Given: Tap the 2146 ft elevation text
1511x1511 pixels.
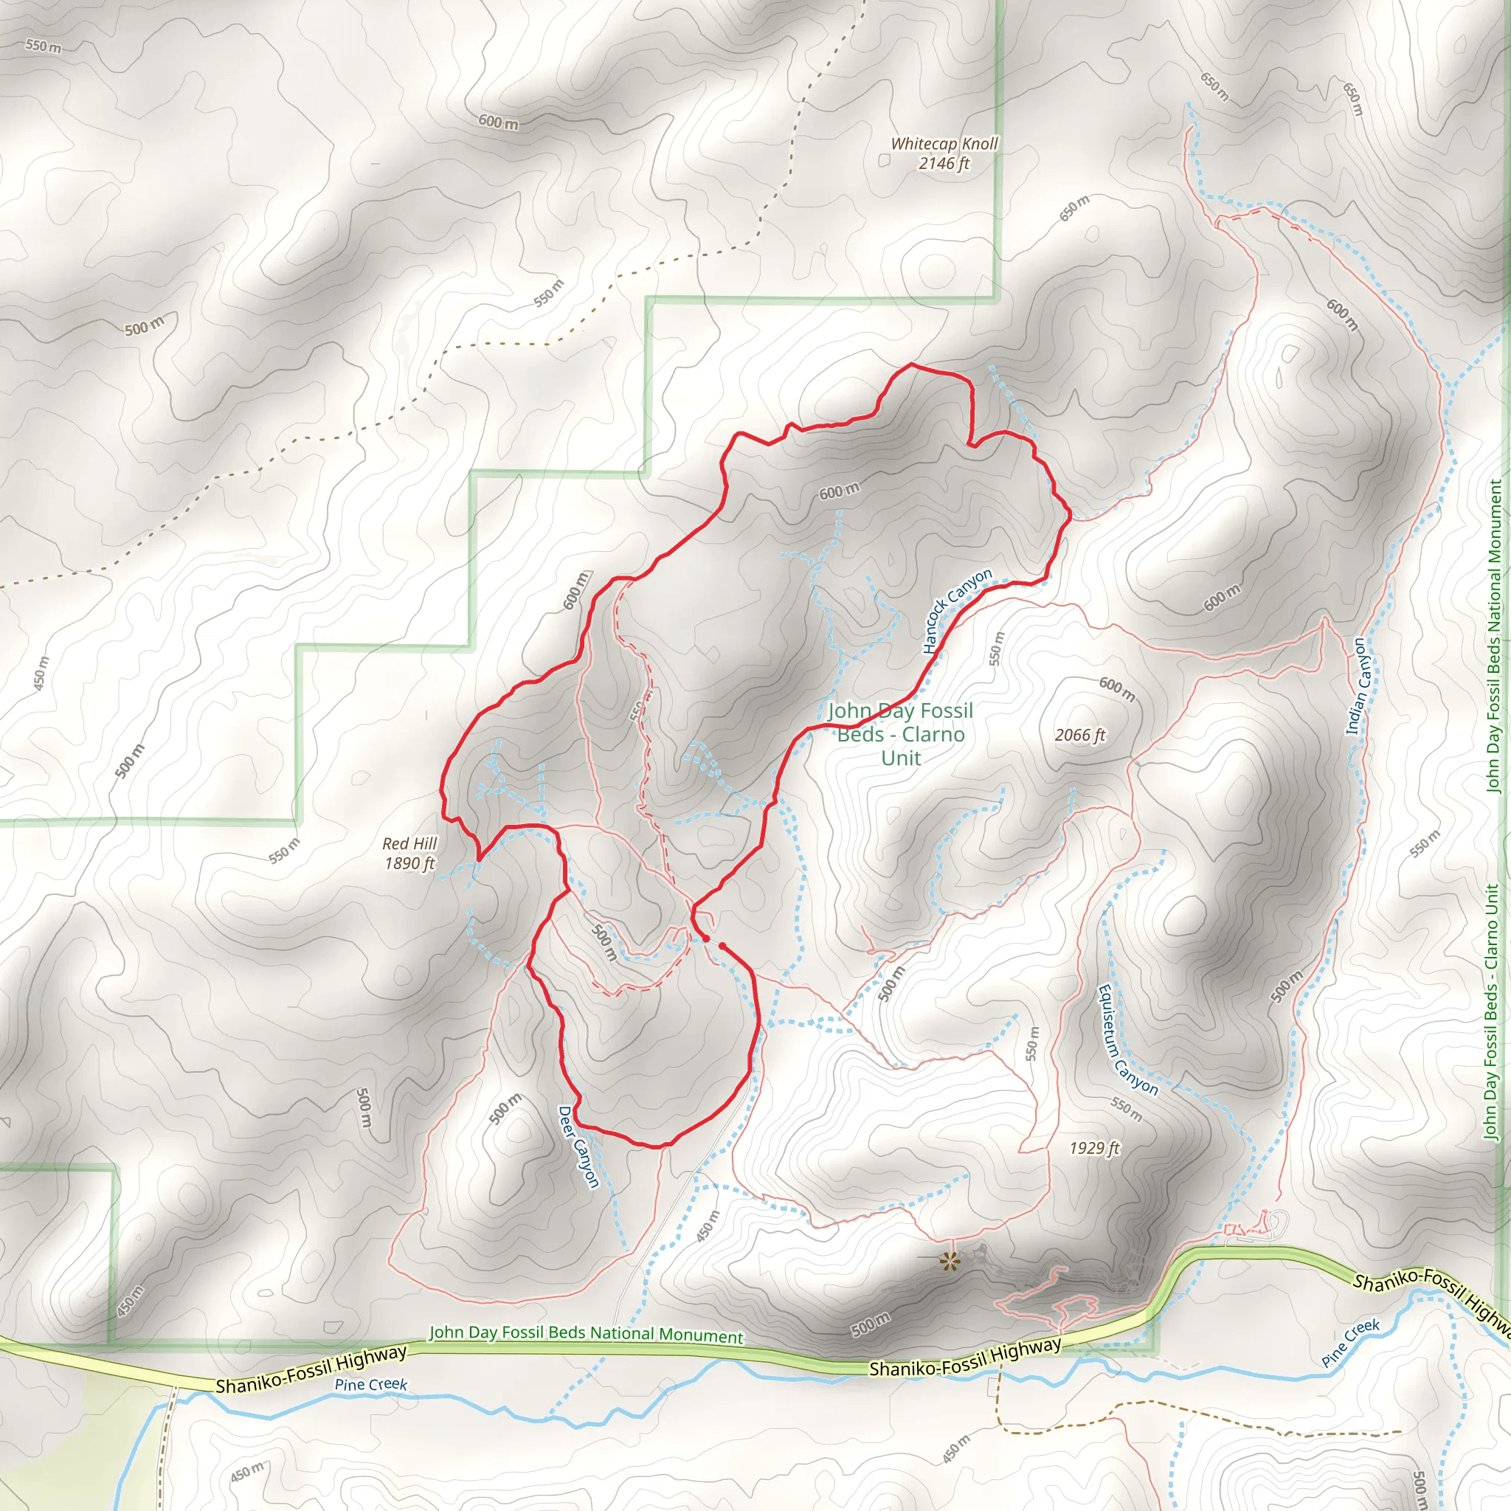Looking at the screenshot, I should coord(944,164).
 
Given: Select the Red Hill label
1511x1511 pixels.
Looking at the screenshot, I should coord(409,843).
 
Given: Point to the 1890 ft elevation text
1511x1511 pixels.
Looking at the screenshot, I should coord(409,863).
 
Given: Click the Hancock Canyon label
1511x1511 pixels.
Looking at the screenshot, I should coord(955,611).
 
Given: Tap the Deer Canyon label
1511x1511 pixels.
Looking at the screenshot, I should coord(578,1147).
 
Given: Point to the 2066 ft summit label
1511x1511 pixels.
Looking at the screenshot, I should coord(1079,735).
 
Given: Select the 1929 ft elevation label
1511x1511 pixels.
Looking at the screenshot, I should coord(1094,1147).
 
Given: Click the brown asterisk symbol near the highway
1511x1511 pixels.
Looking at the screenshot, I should coord(950,1260).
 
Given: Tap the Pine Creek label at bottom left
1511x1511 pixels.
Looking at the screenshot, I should coord(370,1384).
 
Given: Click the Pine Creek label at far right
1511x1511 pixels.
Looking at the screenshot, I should coord(1351,1342).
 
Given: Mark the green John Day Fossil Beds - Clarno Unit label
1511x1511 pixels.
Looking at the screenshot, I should coord(900,734).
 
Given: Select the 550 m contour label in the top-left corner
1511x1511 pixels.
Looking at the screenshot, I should coord(43,46).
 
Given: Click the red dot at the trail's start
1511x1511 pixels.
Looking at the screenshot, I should coord(705,938).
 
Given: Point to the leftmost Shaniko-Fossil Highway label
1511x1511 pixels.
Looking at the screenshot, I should coord(311,1369).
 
